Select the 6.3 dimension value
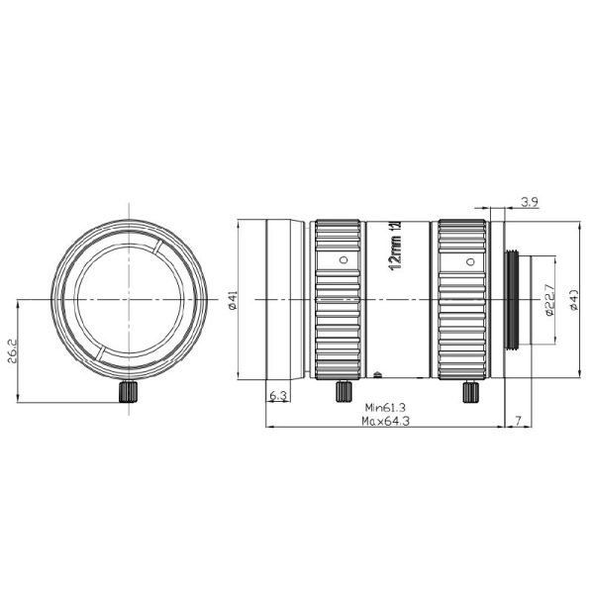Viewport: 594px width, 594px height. pyautogui.click(x=279, y=396)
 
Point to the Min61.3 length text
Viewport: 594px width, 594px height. pyautogui.click(x=387, y=406)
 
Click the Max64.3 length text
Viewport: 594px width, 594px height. pyautogui.click(x=387, y=420)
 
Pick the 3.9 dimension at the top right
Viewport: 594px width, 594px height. pyautogui.click(x=530, y=204)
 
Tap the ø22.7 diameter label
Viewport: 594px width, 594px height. pyautogui.click(x=546, y=300)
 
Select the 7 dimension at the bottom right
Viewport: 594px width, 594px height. pyautogui.click(x=519, y=421)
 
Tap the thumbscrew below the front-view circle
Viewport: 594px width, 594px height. pyautogui.click(x=127, y=392)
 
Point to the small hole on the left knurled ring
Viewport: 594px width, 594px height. pyautogui.click(x=343, y=260)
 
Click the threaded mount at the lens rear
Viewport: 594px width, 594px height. pyautogui.click(x=516, y=300)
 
